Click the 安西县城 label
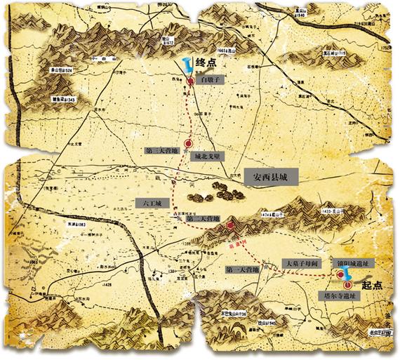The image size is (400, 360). tap(272, 178)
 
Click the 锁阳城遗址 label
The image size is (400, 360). tap(356, 262)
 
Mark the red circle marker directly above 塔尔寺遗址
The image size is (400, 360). tap(349, 285)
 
